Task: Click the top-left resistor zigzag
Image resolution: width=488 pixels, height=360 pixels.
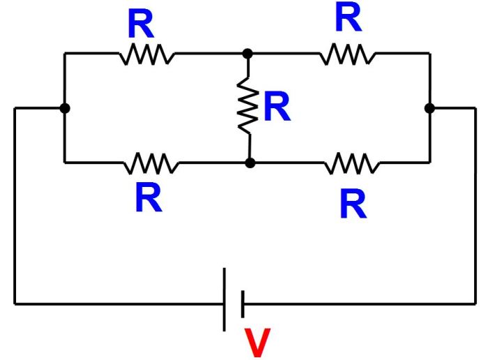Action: pyautogui.click(x=146, y=54)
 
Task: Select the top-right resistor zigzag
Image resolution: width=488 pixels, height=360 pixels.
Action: pyautogui.click(x=346, y=54)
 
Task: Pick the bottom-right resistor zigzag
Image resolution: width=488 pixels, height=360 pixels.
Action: pyautogui.click(x=352, y=163)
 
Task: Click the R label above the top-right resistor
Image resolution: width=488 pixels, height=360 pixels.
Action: pyautogui.click(x=348, y=18)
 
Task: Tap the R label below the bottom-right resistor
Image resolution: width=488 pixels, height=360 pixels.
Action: pyautogui.click(x=353, y=204)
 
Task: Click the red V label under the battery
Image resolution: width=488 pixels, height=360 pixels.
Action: pyautogui.click(x=258, y=343)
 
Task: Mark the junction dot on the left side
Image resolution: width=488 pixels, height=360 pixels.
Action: pyautogui.click(x=64, y=108)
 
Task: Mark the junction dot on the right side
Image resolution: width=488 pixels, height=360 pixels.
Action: pyautogui.click(x=429, y=108)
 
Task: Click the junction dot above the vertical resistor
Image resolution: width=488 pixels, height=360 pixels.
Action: pyautogui.click(x=247, y=53)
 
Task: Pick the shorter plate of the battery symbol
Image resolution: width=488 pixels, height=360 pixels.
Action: pyautogui.click(x=242, y=303)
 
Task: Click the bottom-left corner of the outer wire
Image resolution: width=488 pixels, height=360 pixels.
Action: pyautogui.click(x=15, y=303)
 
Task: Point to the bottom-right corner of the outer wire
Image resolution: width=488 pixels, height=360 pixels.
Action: pyautogui.click(x=475, y=303)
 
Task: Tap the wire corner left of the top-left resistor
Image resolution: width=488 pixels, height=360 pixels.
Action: pyautogui.click(x=64, y=53)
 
